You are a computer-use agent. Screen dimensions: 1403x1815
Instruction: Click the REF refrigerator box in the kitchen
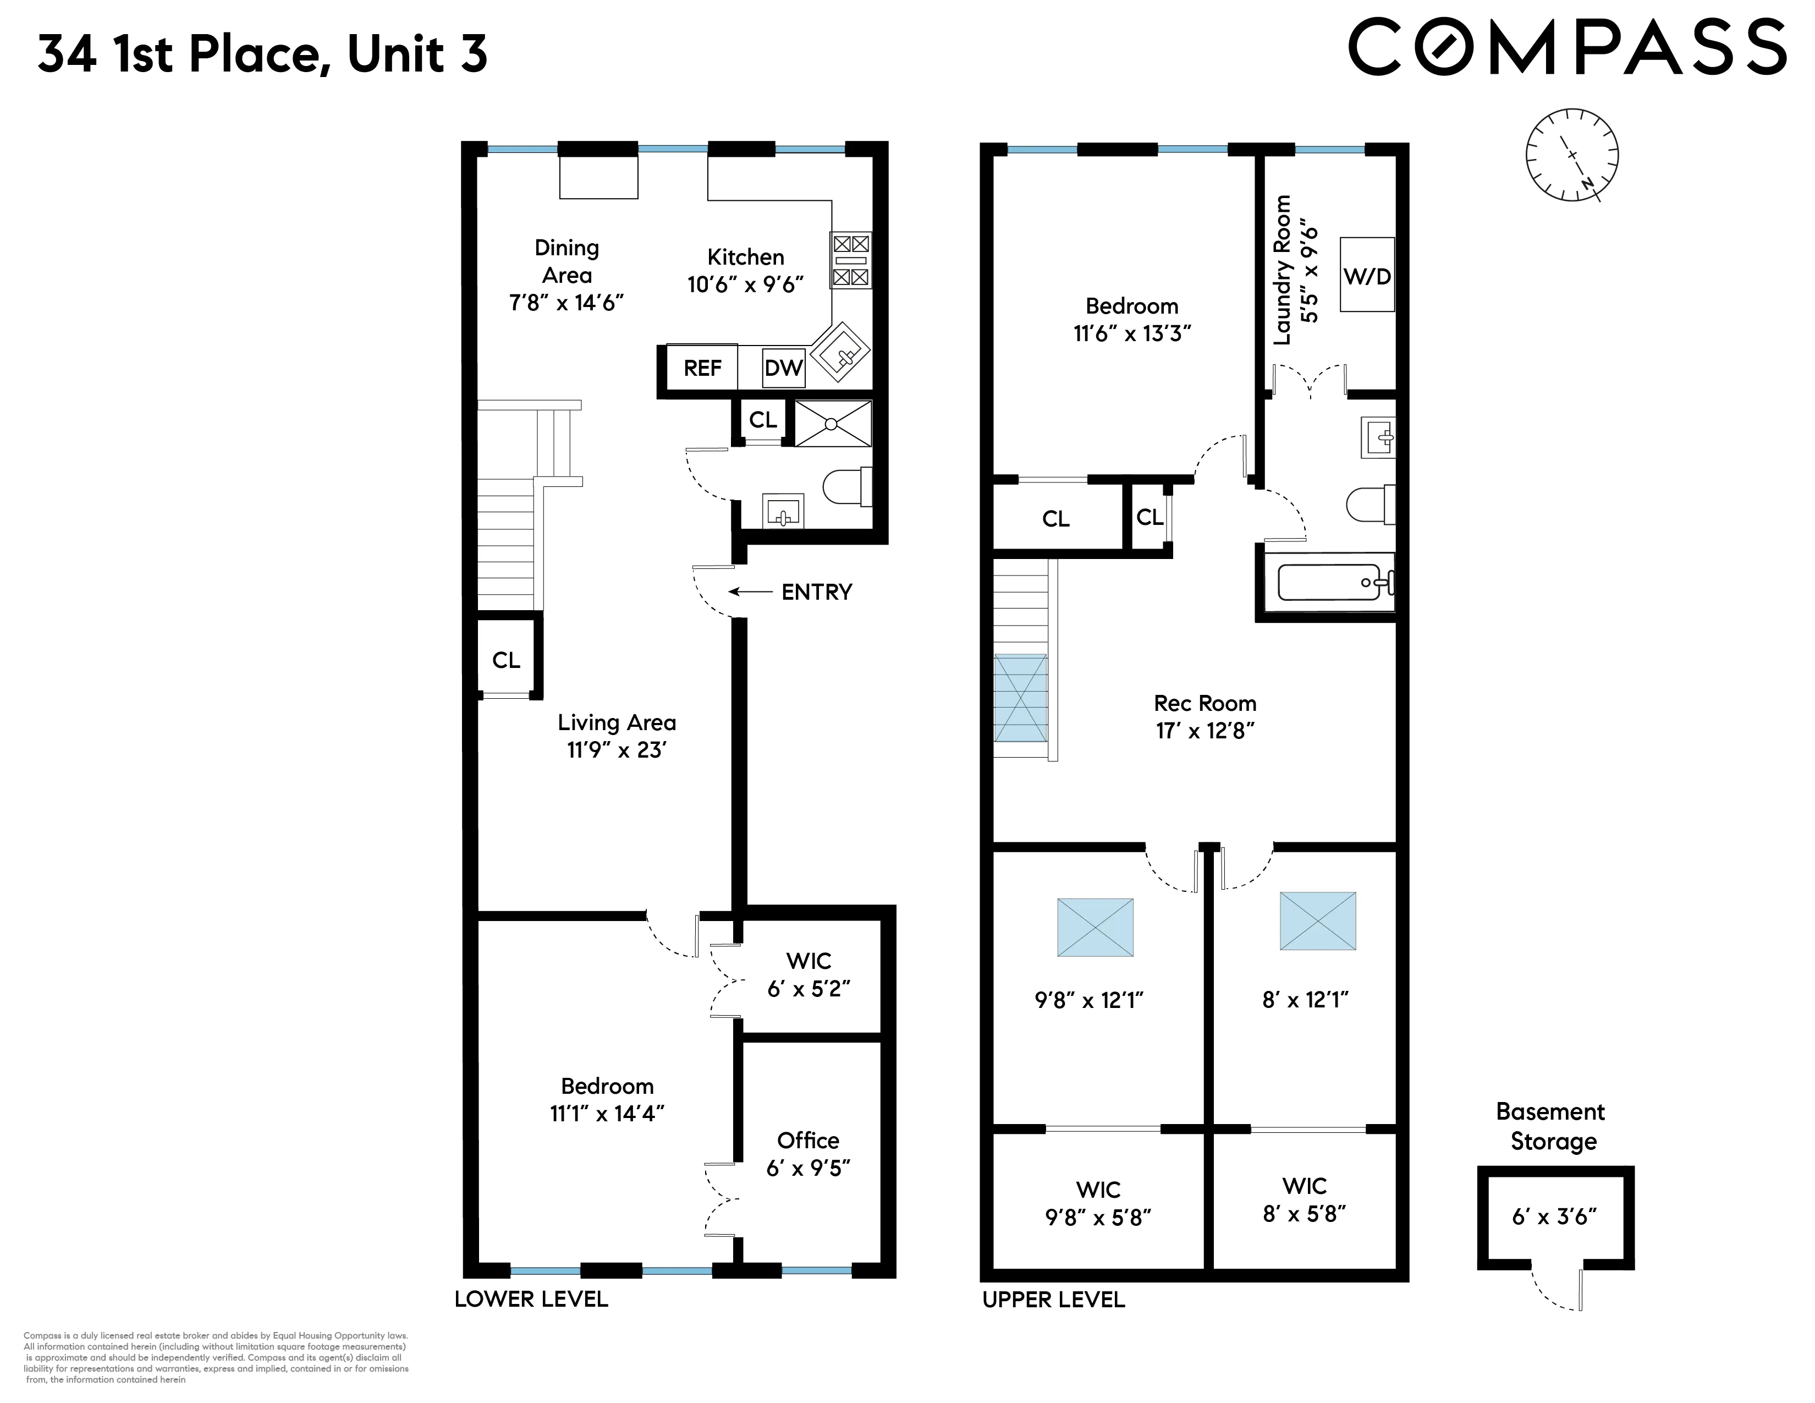click(x=702, y=368)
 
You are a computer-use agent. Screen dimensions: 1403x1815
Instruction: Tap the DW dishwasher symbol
click(x=783, y=368)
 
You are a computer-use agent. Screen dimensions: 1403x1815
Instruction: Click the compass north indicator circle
click(x=1571, y=155)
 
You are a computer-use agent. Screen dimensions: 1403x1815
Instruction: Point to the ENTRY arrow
click(x=750, y=592)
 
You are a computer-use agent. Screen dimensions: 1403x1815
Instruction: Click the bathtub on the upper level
click(x=1328, y=582)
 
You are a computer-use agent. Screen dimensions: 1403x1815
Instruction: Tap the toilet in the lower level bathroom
click(x=846, y=487)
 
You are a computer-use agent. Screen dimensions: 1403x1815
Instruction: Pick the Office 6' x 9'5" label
click(x=808, y=1154)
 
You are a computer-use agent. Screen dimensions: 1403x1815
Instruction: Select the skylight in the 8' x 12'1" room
click(x=1317, y=921)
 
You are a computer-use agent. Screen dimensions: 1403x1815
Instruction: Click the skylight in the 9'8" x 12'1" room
click(x=1094, y=927)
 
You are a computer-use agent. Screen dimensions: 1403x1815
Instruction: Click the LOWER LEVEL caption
click(x=531, y=1299)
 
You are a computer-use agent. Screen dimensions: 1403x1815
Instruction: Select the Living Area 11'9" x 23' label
click(x=617, y=736)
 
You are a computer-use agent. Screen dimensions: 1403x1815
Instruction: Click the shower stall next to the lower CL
click(x=833, y=424)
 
